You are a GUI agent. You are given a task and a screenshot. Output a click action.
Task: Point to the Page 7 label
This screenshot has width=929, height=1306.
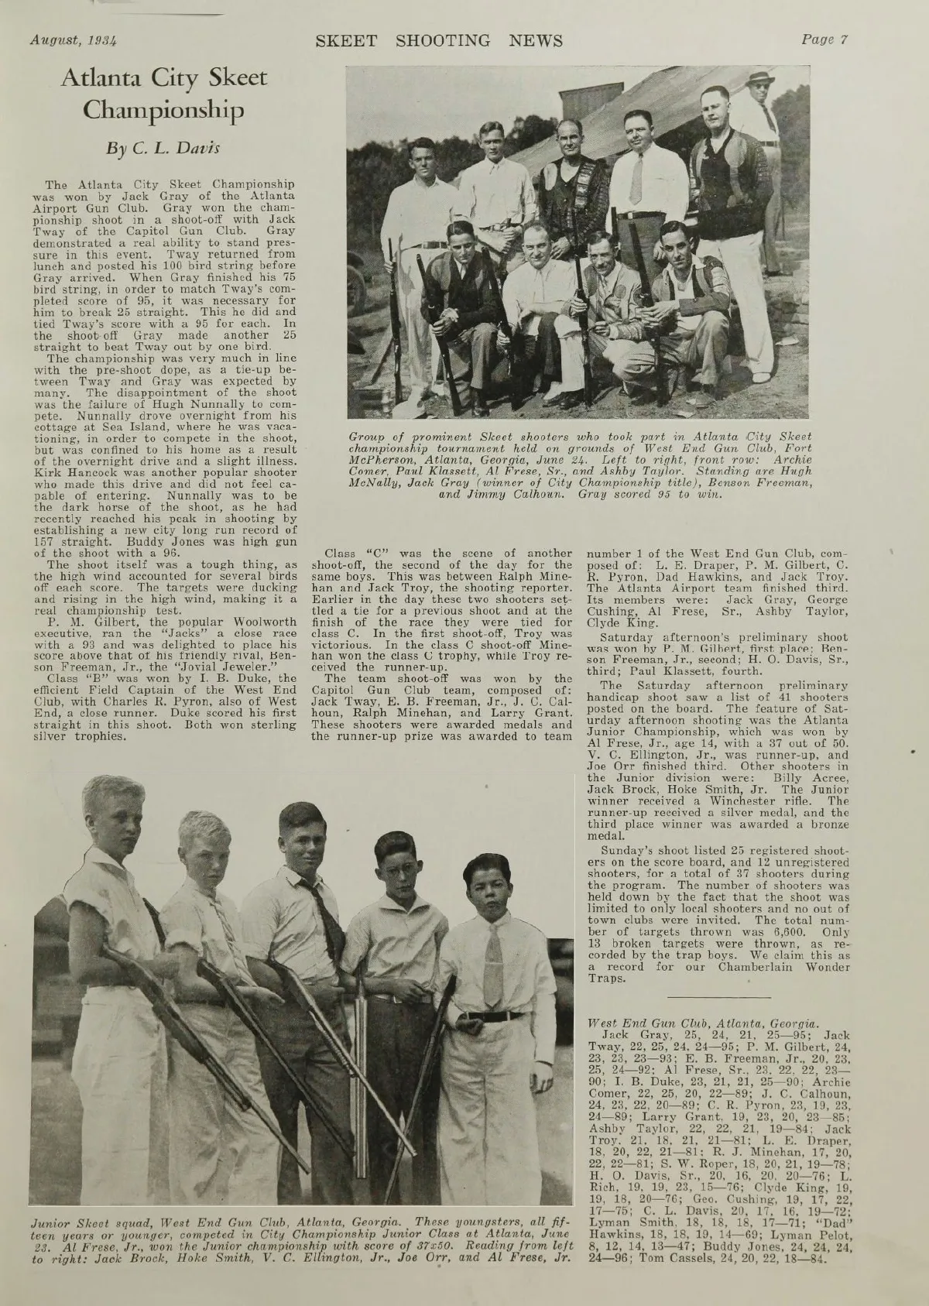(x=825, y=39)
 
